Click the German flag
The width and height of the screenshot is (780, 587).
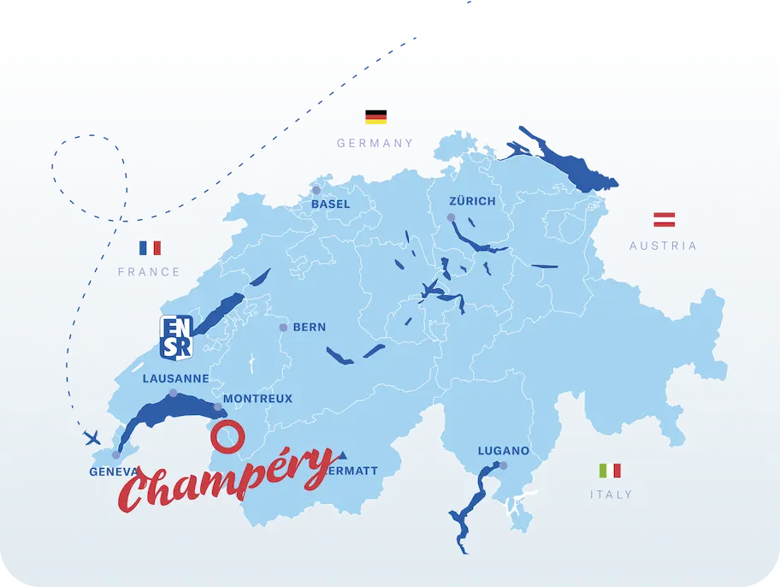pos(375,117)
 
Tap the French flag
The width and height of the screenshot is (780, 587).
pos(150,248)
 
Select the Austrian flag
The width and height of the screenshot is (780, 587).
pos(665,219)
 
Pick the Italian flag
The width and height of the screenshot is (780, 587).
pos(610,471)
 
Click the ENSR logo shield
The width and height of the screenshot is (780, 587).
pos(175,335)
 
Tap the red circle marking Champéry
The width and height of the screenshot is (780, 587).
pos(227,436)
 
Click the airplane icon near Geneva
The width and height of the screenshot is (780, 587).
pos(92,438)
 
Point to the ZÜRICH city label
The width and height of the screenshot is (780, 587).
pos(472,201)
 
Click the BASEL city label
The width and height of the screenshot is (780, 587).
pos(331,205)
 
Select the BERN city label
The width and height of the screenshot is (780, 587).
pos(309,327)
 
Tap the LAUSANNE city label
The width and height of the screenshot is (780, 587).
pos(175,378)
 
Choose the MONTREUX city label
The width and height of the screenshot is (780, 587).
pos(257,399)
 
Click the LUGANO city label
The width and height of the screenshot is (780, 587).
pos(504,451)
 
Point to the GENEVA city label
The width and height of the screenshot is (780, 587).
pos(113,471)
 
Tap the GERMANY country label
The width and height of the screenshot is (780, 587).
pos(375,144)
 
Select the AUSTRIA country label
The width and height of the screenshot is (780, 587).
pos(663,246)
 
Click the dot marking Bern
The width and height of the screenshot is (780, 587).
pos(282,327)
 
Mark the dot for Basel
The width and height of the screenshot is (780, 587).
pos(316,190)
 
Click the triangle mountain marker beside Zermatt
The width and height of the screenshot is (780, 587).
pos(342,454)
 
